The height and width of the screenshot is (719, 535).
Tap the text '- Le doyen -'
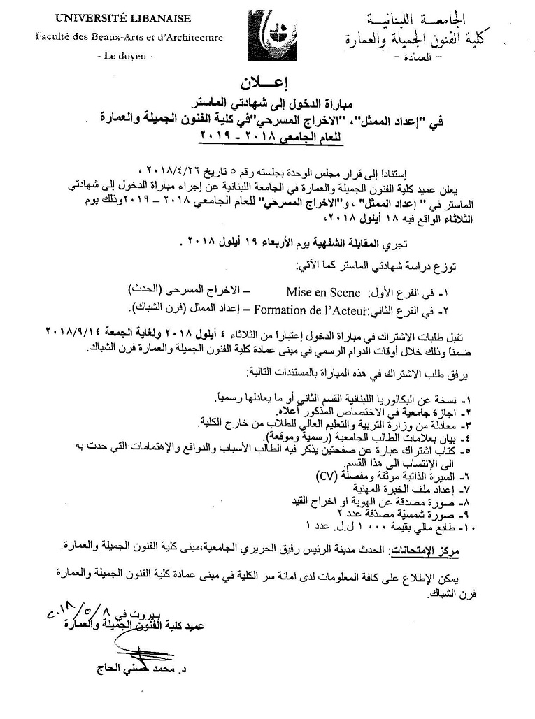[x=122, y=56]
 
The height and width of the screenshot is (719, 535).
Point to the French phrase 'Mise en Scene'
[x=323, y=293]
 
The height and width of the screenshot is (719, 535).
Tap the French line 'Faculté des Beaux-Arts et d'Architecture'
[x=129, y=37]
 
